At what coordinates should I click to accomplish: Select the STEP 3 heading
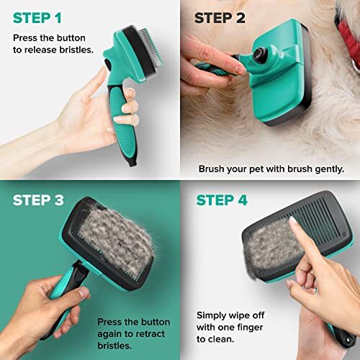coord(42,199)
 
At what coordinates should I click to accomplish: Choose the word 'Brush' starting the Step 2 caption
coord(212,169)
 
